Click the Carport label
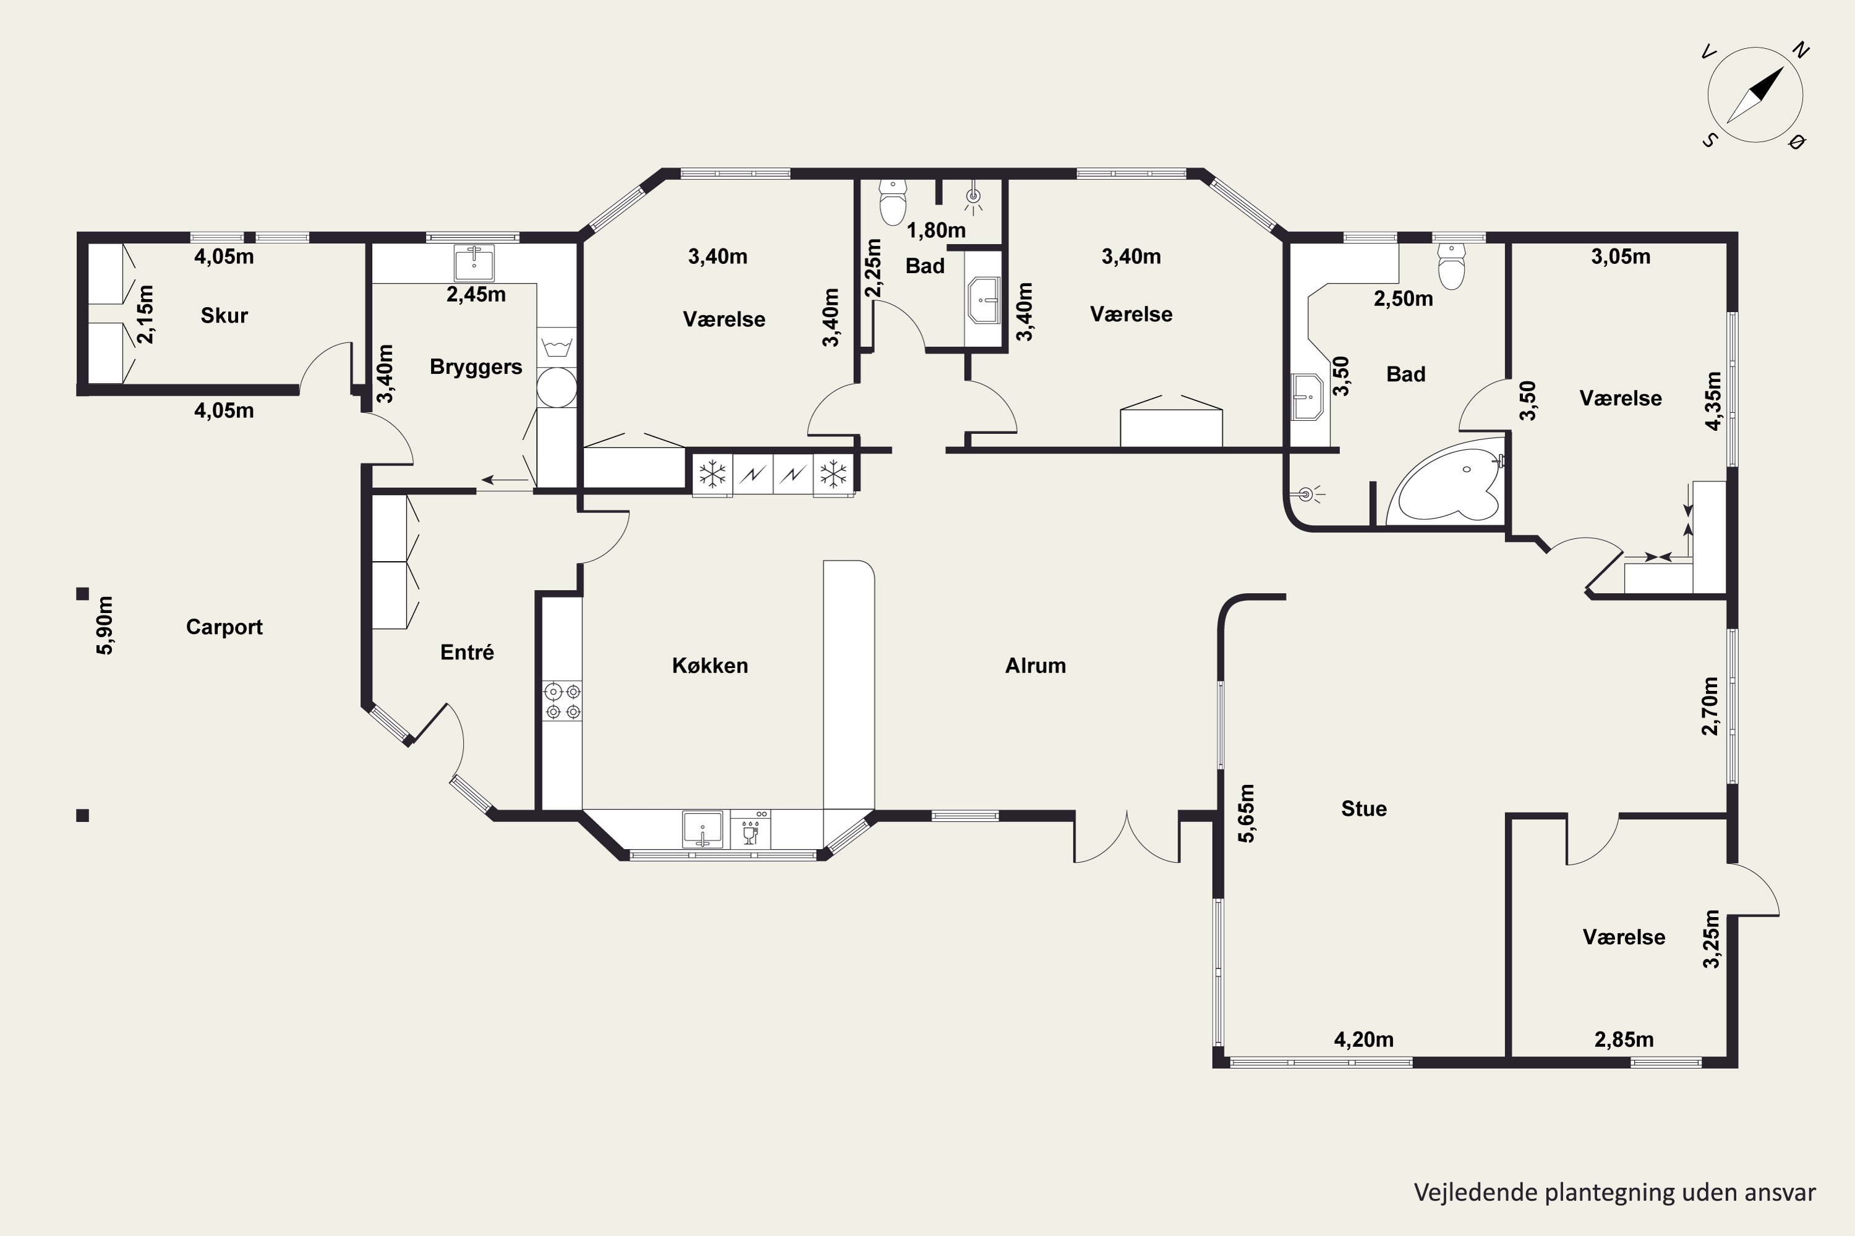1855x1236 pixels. click(x=224, y=627)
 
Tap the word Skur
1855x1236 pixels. click(x=224, y=316)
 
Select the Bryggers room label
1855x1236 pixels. click(x=475, y=367)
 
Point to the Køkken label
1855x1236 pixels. click(x=710, y=666)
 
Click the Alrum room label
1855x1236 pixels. click(x=1036, y=666)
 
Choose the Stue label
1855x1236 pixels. click(x=1363, y=809)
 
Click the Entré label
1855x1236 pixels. click(x=467, y=653)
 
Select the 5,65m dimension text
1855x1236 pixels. click(x=1246, y=813)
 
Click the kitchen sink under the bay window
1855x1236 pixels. click(x=702, y=829)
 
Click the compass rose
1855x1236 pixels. click(x=1755, y=95)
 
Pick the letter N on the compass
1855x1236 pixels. click(x=1801, y=51)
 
